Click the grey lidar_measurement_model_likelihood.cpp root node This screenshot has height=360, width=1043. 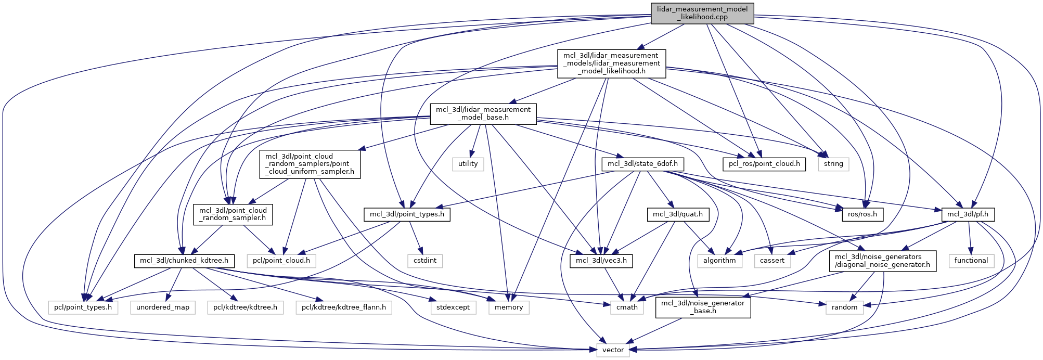pyautogui.click(x=702, y=13)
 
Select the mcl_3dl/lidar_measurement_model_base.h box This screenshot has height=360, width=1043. pyautogui.click(x=483, y=113)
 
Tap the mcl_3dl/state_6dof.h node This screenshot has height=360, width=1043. pyautogui.click(x=642, y=164)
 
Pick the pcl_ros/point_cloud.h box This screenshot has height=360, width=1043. pyautogui.click(x=764, y=164)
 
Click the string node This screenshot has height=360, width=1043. pyautogui.click(x=833, y=164)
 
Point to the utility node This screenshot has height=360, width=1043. pyautogui.click(x=468, y=164)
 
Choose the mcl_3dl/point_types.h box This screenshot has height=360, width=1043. pyautogui.click(x=407, y=214)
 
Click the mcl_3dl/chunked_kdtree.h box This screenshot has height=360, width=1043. pyautogui.click(x=184, y=261)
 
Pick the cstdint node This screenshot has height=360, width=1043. pyautogui.click(x=425, y=261)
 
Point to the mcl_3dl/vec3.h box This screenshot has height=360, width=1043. pyautogui.click(x=601, y=261)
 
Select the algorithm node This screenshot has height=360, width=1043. pyautogui.click(x=719, y=261)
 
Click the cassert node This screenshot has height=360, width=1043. pyautogui.click(x=772, y=261)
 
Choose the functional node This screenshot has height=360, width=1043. pyautogui.click(x=971, y=261)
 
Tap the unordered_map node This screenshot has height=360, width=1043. pyautogui.click(x=163, y=307)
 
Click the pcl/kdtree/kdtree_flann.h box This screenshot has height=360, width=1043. pyautogui.click(x=344, y=307)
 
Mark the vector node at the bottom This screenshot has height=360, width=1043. pyautogui.click(x=613, y=350)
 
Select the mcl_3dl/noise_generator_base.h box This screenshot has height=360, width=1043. pyautogui.click(x=703, y=307)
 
